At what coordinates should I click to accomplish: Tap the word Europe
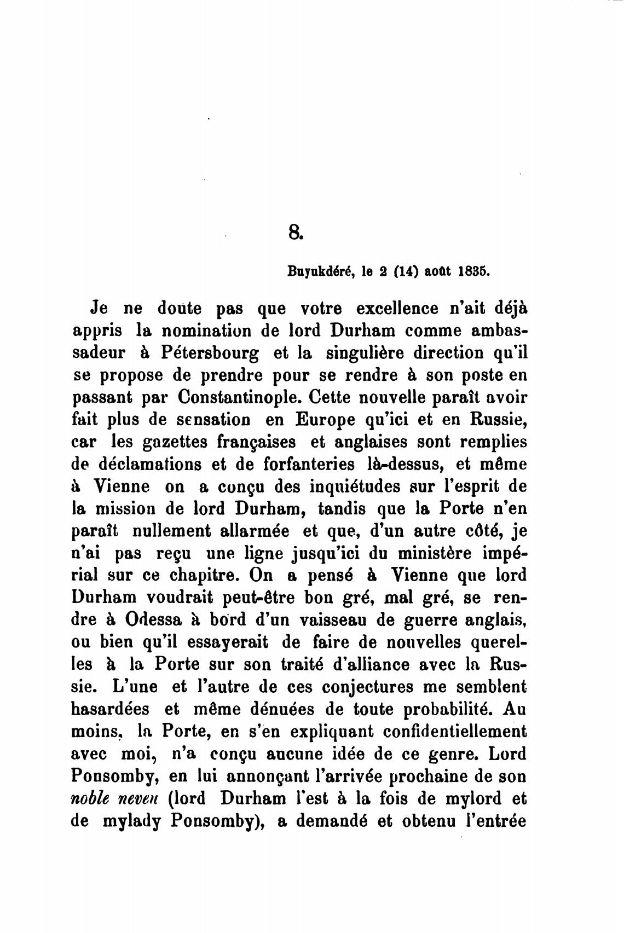tap(301, 421)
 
